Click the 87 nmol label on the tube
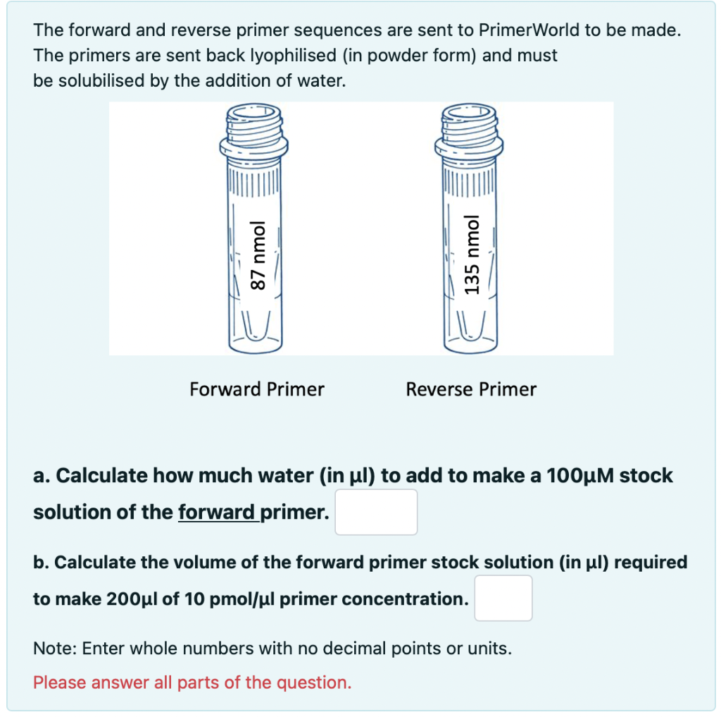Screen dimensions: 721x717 (258, 256)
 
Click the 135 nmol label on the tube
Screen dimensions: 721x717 (472, 255)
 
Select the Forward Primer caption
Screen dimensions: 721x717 (257, 390)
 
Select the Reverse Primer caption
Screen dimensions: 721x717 (471, 390)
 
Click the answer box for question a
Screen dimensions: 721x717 (376, 512)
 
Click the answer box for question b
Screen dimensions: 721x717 (503, 598)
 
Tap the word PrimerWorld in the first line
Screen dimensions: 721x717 (529, 30)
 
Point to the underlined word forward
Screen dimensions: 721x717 (216, 512)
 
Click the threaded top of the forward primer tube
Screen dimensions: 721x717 (253, 123)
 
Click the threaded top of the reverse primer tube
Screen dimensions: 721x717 (469, 123)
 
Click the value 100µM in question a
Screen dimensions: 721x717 (580, 476)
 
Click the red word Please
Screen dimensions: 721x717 (59, 682)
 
